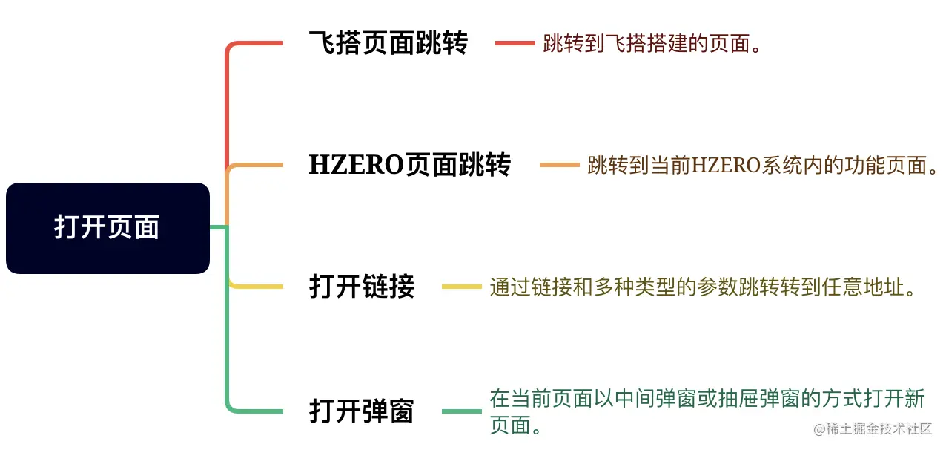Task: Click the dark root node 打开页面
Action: pos(107,228)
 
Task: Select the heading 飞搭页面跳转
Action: pos(388,43)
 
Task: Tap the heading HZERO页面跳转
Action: pos(409,165)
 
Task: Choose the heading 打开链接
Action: pos(362,287)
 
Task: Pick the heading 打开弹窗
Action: pos(362,411)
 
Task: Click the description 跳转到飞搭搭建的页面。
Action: pos(652,44)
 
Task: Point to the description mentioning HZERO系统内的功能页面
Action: pos(763,165)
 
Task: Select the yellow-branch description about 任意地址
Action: pos(704,287)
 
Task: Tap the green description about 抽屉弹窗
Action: pos(707,411)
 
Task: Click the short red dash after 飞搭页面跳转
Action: pos(515,43)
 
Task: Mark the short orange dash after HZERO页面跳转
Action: pos(559,165)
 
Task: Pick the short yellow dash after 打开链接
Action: pos(462,287)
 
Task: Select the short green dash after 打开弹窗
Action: pos(462,411)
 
